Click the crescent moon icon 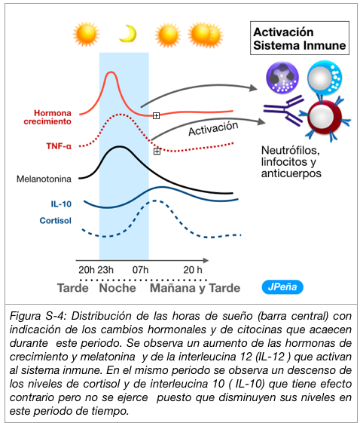pyautogui.click(x=129, y=34)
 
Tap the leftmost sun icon pyautogui.click(x=86, y=34)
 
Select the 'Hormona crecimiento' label pyautogui.click(x=47, y=117)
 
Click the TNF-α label pyautogui.click(x=59, y=146)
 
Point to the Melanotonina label pyautogui.click(x=44, y=179)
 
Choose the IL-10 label pyautogui.click(x=61, y=204)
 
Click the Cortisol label pyautogui.click(x=56, y=221)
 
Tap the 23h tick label pyautogui.click(x=105, y=270)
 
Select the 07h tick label pyautogui.click(x=140, y=270)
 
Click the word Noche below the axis pyautogui.click(x=117, y=288)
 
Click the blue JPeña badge pyautogui.click(x=282, y=287)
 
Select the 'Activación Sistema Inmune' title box pyautogui.click(x=300, y=38)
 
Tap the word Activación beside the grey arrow pyautogui.click(x=213, y=128)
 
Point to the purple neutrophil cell pyautogui.click(x=282, y=78)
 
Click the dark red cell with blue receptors pyautogui.click(x=325, y=117)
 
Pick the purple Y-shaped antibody pyautogui.click(x=283, y=111)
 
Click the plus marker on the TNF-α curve pyautogui.click(x=157, y=151)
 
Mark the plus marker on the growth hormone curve pyautogui.click(x=157, y=115)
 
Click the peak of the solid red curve pyautogui.click(x=111, y=72)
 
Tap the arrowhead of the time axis pyautogui.click(x=206, y=260)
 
